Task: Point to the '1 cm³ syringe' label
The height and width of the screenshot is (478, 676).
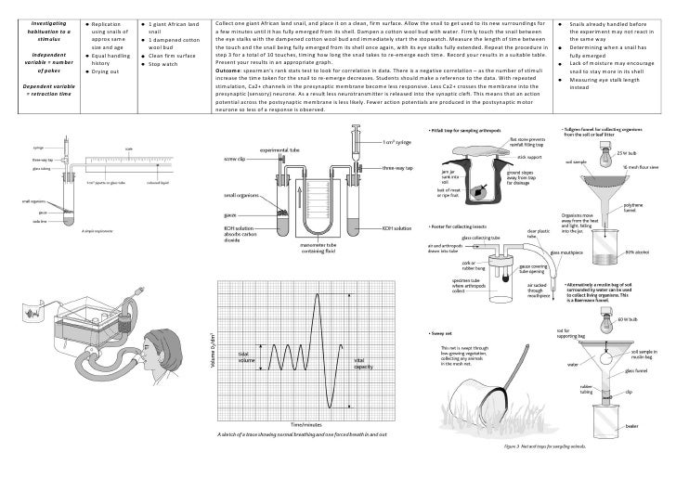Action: [x=396, y=144]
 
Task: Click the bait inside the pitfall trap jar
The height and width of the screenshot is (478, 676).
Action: [x=477, y=191]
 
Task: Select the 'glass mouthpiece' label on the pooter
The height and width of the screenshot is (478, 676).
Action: [x=568, y=252]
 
